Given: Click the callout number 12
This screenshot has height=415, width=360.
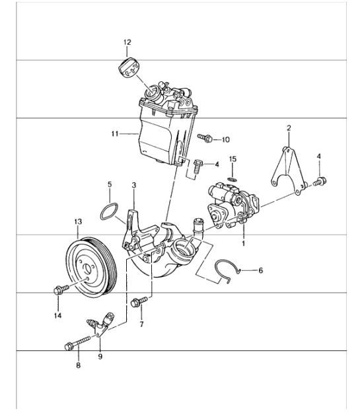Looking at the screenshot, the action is tap(127, 42).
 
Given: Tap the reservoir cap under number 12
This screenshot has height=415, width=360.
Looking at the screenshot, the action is tap(129, 67).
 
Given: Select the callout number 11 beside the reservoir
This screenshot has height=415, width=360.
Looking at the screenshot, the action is tap(115, 134).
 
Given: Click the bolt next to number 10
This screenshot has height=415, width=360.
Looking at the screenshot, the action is tap(205, 137).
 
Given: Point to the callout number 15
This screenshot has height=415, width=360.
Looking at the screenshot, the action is tap(233, 159).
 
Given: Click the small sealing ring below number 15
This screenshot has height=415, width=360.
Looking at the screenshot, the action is tap(233, 180).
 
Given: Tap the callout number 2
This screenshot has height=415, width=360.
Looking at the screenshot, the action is tap(289, 128).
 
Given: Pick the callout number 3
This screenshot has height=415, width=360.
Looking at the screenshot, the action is tap(134, 185).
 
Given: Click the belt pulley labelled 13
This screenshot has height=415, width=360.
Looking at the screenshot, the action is tap(90, 267).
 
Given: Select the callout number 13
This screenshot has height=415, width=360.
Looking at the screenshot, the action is tap(78, 221).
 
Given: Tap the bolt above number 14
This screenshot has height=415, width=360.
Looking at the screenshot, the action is tap(61, 289).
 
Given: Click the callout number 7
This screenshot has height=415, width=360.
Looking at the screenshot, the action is tap(141, 324).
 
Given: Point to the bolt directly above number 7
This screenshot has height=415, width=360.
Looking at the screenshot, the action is tap(139, 302).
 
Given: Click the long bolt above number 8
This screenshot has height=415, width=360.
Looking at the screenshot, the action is tap(77, 343).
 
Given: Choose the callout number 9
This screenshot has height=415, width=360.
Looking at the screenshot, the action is tap(100, 356).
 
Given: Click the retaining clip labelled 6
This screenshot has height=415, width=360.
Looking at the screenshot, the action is tap(229, 272).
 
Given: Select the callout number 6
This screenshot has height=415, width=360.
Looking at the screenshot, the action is tap(260, 270).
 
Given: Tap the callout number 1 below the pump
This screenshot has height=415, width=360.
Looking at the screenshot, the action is tap(244, 243).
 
